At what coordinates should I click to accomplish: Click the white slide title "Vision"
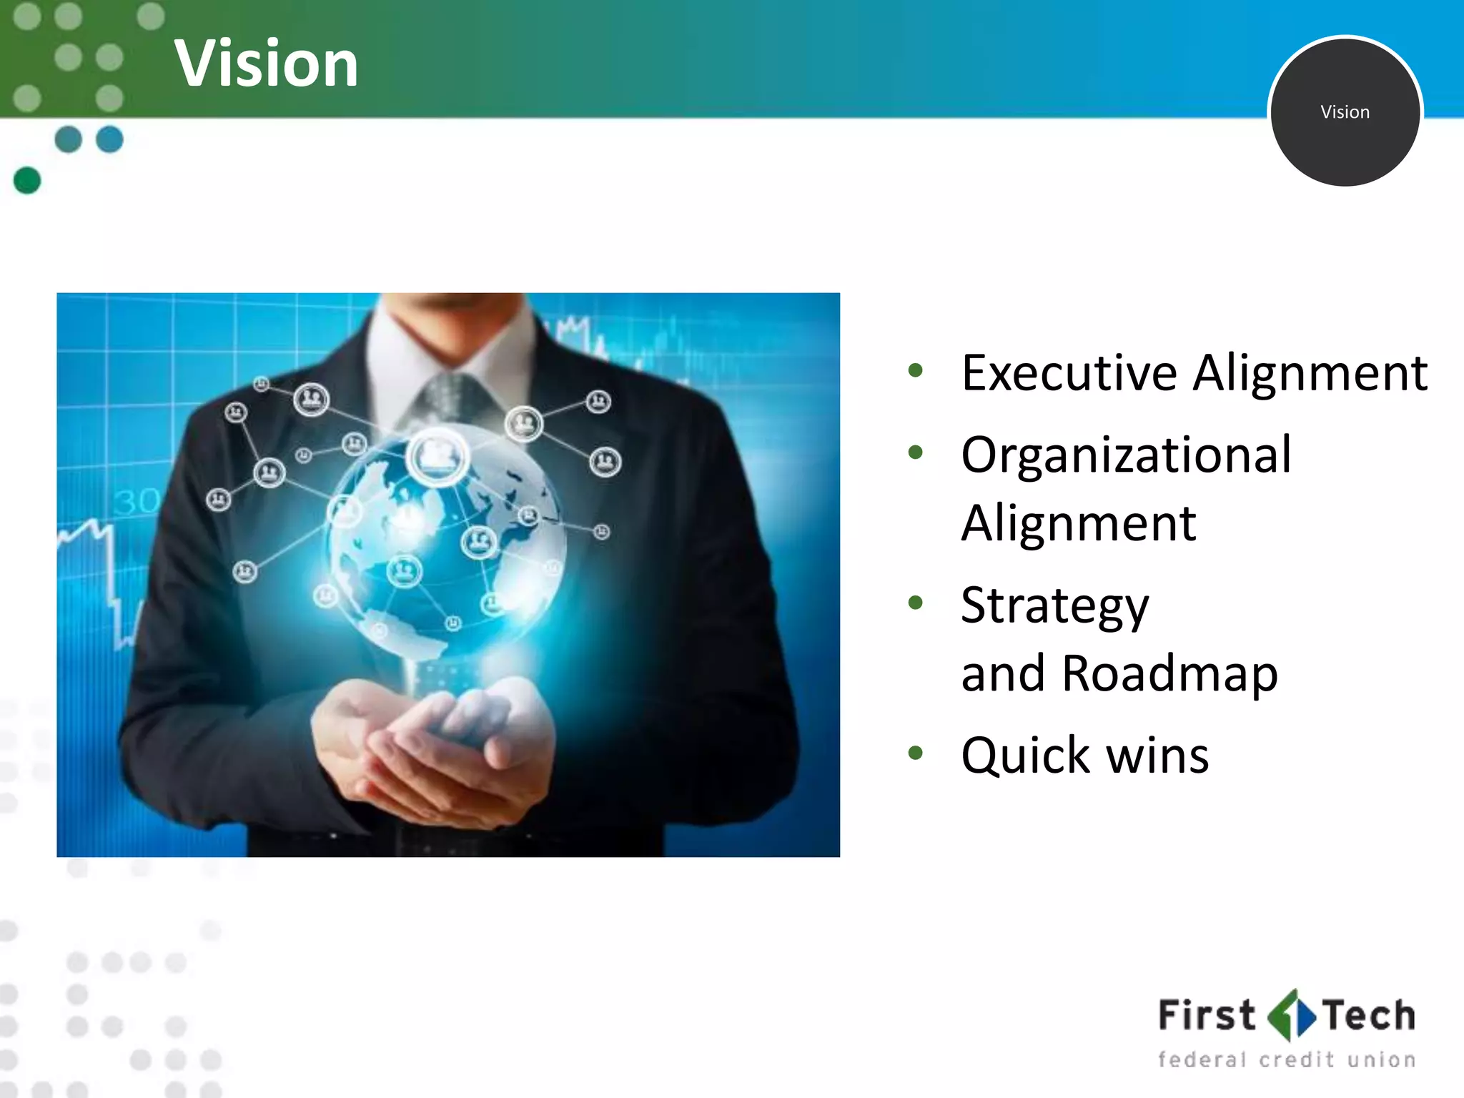tap(266, 64)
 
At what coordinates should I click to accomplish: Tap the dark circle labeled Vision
tap(1345, 112)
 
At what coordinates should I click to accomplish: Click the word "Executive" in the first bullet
tap(1069, 373)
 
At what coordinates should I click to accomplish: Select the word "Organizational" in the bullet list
tap(1126, 455)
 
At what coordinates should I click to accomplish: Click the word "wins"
tap(1157, 756)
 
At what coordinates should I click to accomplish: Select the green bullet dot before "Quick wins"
tap(915, 752)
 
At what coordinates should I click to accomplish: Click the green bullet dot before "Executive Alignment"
tap(915, 370)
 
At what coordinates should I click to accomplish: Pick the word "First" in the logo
tap(1206, 1015)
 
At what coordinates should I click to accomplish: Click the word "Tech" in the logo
tap(1368, 1015)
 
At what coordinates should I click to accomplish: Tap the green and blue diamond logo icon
tap(1290, 1015)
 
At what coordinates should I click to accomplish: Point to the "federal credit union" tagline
tap(1286, 1059)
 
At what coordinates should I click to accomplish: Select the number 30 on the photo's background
tap(136, 501)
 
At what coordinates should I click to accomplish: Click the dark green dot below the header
tap(27, 180)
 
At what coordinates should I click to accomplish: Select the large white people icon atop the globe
tap(437, 455)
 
